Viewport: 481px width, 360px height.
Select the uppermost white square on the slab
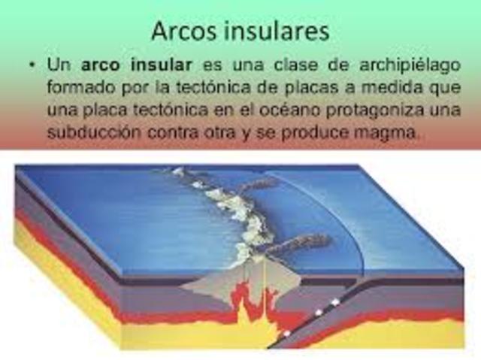click(335, 302)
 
